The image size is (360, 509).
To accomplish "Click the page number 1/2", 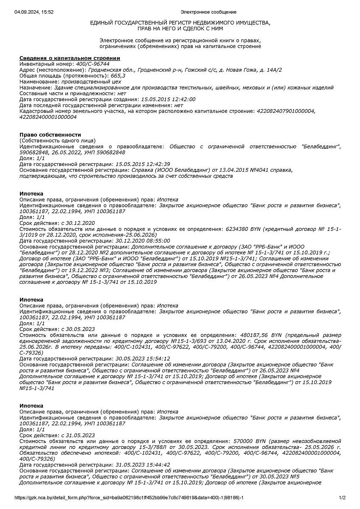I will click(x=343, y=498).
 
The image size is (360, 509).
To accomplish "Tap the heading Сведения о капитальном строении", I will click(x=70, y=58).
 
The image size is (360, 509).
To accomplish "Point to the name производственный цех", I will click(x=91, y=81).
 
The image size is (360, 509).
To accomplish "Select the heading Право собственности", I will click(x=50, y=134).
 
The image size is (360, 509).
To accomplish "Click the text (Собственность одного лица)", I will click(x=58, y=140).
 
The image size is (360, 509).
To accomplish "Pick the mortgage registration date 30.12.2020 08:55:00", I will click(x=143, y=241).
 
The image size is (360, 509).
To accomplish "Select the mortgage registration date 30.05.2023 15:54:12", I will click(x=143, y=358).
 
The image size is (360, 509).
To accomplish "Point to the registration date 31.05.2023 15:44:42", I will click(x=143, y=464).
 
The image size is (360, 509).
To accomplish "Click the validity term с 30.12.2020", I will click(x=78, y=223).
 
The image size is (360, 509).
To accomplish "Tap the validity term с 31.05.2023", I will click(x=78, y=435).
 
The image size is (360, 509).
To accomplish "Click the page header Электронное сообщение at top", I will click(x=208, y=12).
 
